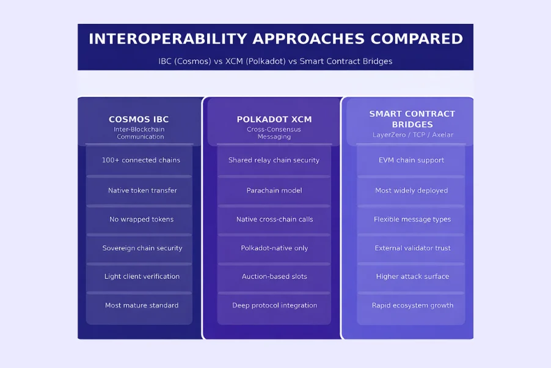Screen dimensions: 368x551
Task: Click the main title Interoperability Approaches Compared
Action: [x=275, y=39]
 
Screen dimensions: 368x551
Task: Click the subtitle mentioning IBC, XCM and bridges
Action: [x=275, y=61]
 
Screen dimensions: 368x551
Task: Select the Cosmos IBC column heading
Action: [x=139, y=119]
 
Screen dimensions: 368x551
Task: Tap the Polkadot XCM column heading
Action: [x=274, y=119]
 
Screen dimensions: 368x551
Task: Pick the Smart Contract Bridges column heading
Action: [x=412, y=119]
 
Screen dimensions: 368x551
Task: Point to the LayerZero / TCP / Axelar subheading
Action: [x=413, y=134]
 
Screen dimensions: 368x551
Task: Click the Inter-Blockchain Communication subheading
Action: [x=139, y=133]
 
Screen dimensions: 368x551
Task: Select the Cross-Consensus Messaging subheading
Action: [x=274, y=133]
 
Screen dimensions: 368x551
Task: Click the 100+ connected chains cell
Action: [x=141, y=160]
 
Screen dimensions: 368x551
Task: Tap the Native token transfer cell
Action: [x=142, y=190]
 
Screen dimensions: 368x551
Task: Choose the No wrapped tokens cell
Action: [x=141, y=219]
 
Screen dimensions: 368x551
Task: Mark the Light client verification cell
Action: [x=142, y=276]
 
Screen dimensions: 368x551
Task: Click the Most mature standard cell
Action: [x=142, y=305]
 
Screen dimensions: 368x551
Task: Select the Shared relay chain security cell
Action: [x=274, y=160]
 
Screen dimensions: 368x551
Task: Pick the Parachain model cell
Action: [x=274, y=190]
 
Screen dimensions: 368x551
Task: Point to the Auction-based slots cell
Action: [x=274, y=276]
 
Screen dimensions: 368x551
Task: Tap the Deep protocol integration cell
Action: [x=274, y=305]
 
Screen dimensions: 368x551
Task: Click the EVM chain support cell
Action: [x=412, y=160]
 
